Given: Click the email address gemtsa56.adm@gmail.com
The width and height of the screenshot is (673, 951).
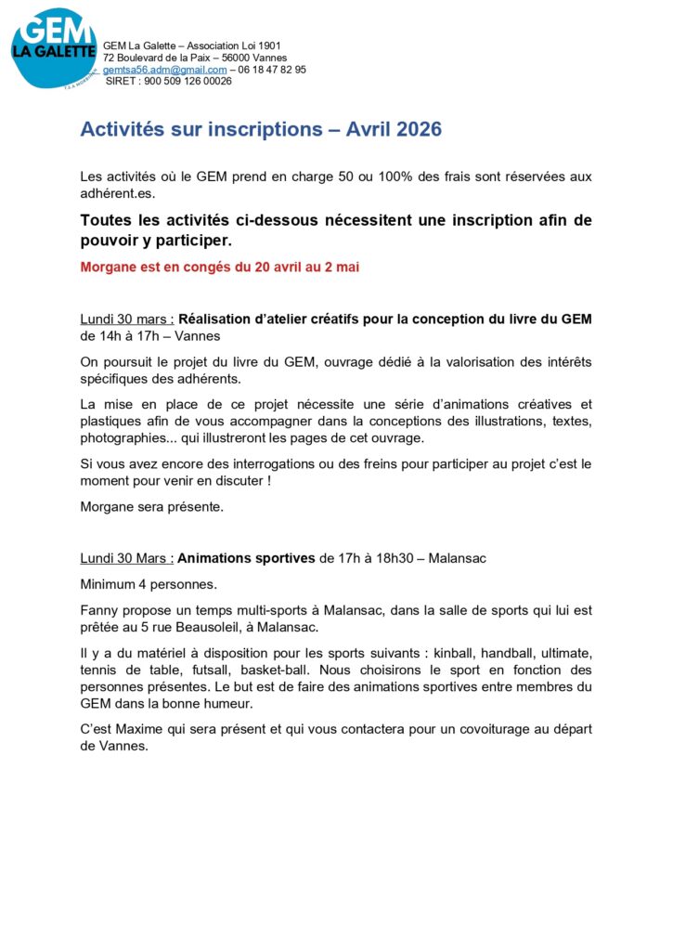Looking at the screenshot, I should tap(164, 70).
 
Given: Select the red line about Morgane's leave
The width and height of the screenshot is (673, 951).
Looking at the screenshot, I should tap(220, 267).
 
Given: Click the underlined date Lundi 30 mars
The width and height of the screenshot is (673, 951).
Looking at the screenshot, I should tap(126, 319).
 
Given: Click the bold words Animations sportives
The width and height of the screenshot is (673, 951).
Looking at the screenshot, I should tap(246, 558).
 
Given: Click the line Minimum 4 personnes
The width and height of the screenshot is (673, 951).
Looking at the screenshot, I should tap(149, 585).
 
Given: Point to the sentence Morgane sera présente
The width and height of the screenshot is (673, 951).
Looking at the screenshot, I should tap(152, 507).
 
